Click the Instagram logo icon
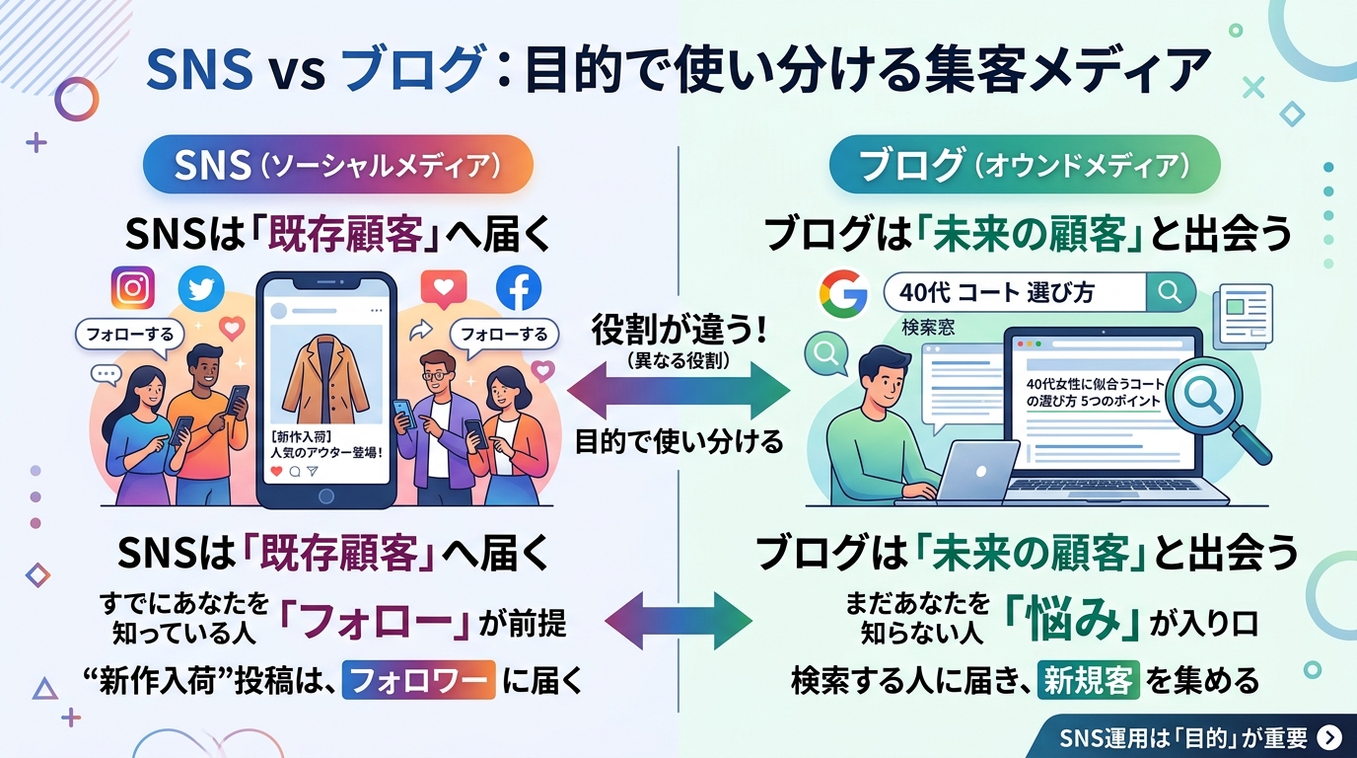[x=133, y=288]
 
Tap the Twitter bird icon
[x=201, y=288]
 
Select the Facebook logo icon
[x=519, y=288]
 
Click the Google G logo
[x=842, y=293]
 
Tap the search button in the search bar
[x=1171, y=292]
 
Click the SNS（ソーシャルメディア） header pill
[x=338, y=165]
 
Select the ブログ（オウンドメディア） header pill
[x=1025, y=165]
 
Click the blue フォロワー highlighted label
[x=418, y=680]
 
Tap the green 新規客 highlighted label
[x=1089, y=680]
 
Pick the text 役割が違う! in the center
[x=679, y=331]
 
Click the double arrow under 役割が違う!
[x=679, y=391]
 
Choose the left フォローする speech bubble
[x=129, y=335]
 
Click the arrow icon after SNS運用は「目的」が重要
[x=1329, y=737]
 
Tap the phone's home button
[x=325, y=496]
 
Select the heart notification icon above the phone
[x=444, y=288]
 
